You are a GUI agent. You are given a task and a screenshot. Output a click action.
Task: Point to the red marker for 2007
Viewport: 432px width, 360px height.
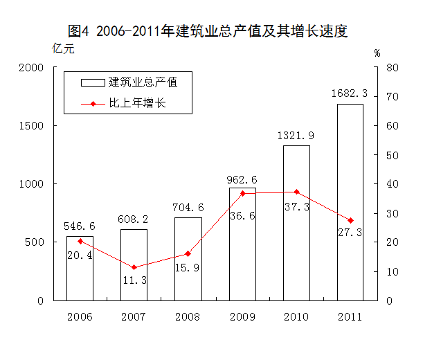pos(134,267)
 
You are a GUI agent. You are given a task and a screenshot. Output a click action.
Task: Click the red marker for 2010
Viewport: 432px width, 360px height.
pos(296,192)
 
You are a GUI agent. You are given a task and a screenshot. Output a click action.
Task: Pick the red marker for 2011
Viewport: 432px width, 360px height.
pos(350,220)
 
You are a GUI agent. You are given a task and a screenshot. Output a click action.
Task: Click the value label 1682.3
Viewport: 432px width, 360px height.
pos(350,93)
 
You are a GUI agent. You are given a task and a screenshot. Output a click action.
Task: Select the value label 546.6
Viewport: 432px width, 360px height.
pos(80,226)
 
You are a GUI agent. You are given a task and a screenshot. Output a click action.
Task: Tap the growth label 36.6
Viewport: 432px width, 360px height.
pos(242,216)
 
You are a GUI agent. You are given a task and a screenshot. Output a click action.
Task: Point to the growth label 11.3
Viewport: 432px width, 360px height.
pos(134,280)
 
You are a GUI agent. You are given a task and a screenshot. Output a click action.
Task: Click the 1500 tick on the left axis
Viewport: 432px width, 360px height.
pos(32,126)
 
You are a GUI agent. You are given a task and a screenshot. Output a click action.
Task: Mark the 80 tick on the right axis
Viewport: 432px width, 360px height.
pos(391,68)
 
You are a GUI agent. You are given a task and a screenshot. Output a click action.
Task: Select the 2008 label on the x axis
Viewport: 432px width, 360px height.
pos(188,316)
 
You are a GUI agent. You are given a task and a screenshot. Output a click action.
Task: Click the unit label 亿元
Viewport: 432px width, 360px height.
pos(62,48)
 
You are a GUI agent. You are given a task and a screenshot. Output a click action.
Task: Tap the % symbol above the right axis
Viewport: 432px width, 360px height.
pos(377,53)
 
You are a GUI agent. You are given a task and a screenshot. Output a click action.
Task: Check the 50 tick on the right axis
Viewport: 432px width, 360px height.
pos(391,155)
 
